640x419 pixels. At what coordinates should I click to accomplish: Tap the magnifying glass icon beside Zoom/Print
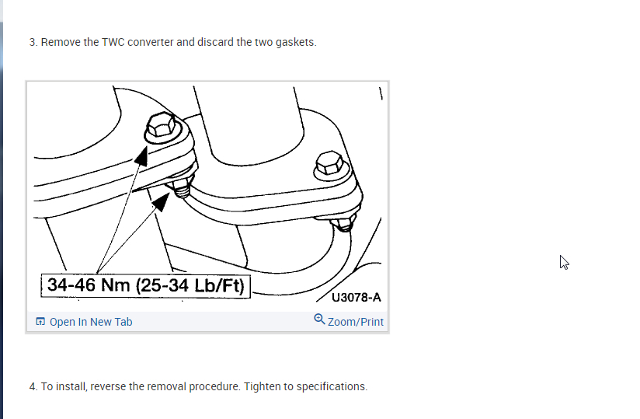click(319, 319)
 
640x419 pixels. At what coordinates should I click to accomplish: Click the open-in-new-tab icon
click(40, 321)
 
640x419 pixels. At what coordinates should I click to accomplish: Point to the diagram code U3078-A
click(357, 297)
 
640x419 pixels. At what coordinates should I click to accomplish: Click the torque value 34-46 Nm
click(89, 285)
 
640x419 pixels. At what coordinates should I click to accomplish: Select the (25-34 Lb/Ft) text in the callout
click(190, 285)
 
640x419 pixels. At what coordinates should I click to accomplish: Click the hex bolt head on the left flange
click(161, 124)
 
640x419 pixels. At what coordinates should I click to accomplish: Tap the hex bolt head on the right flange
click(329, 163)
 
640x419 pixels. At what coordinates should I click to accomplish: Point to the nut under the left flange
click(182, 188)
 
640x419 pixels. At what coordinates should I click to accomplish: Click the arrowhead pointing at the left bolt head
click(141, 156)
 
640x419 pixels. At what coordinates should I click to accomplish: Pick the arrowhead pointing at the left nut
click(161, 202)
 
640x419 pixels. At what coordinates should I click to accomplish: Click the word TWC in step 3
click(113, 42)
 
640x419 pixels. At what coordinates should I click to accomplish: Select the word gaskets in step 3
click(296, 43)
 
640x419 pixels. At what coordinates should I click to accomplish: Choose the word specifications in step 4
click(332, 386)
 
